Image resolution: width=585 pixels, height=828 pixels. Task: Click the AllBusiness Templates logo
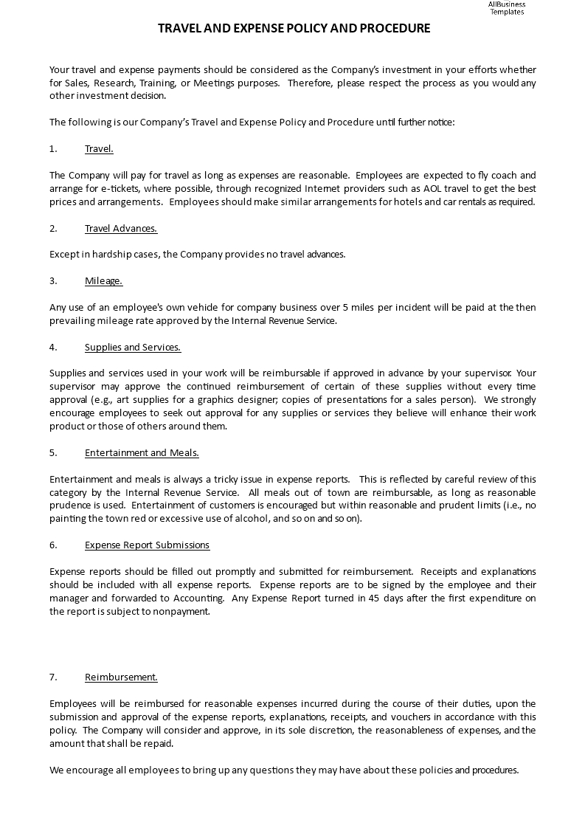[x=506, y=8]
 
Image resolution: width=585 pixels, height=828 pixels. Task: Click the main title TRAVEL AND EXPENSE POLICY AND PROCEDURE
[x=294, y=29]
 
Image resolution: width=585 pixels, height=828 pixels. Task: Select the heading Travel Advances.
[x=120, y=228]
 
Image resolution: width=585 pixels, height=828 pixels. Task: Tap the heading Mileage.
[x=103, y=280]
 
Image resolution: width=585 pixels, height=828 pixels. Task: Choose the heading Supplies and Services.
[x=132, y=347]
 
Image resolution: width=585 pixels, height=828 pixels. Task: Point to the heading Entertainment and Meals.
[x=142, y=452]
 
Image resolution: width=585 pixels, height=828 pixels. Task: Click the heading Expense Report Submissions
[x=147, y=545]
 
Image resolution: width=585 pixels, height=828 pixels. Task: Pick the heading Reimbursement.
[x=121, y=677]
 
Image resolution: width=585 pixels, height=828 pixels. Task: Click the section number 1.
[x=53, y=149]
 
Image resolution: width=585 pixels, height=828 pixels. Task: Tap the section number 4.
[x=53, y=347]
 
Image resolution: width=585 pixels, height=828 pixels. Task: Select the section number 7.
[x=53, y=677]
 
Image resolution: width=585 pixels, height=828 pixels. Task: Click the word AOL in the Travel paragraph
[x=432, y=188]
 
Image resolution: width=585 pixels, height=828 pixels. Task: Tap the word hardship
[x=104, y=255]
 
